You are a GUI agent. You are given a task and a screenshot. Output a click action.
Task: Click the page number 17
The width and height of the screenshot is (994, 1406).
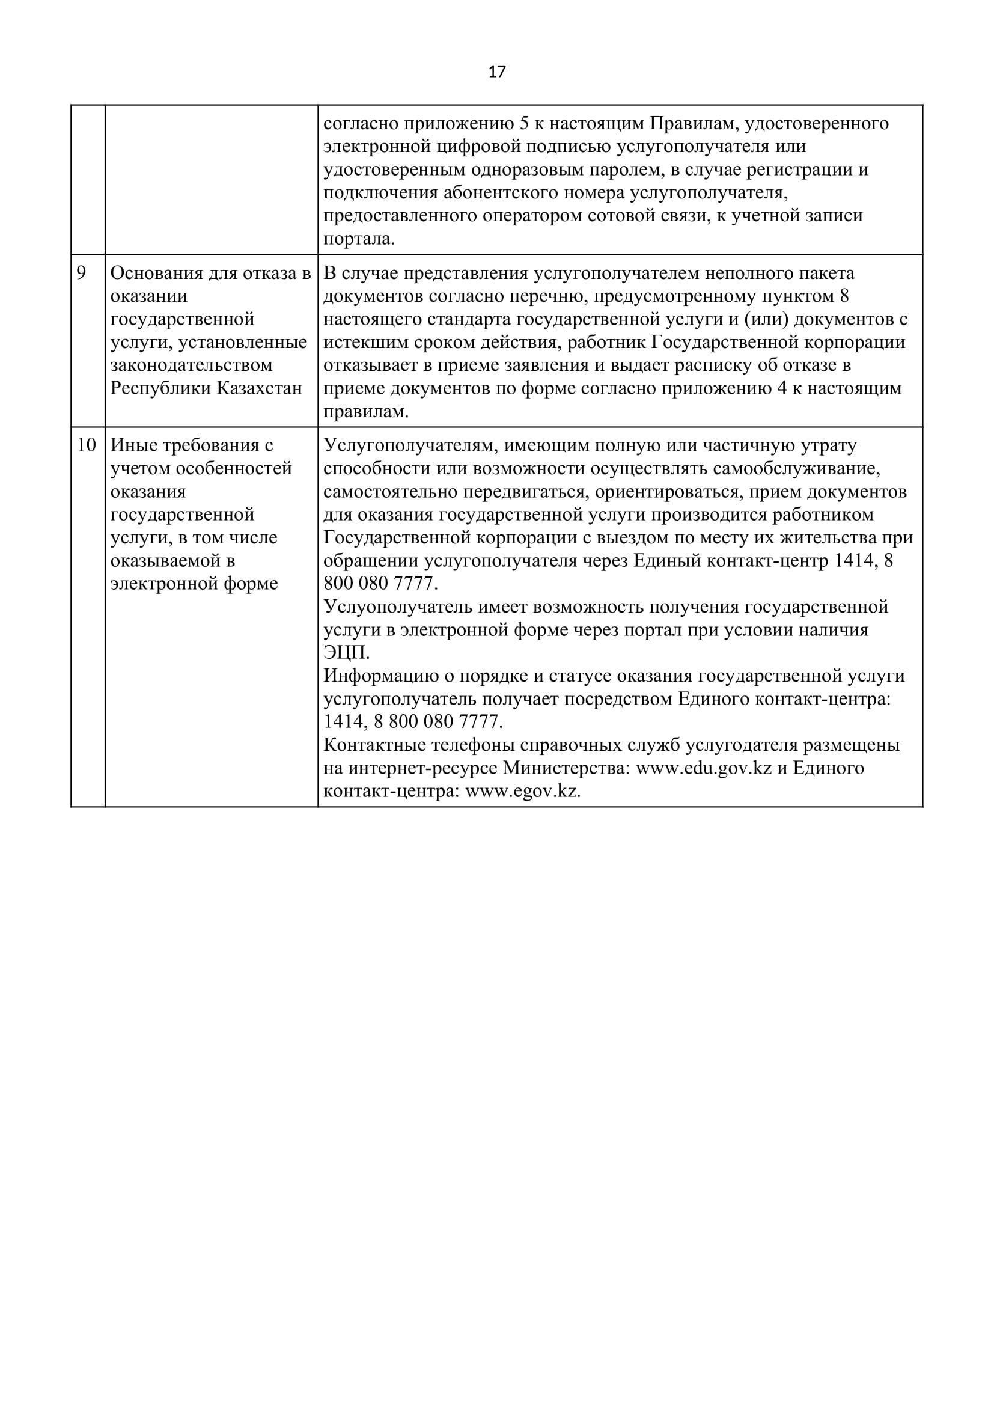click(x=497, y=72)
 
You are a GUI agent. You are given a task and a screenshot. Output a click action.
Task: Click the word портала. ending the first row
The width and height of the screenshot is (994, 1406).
click(x=359, y=239)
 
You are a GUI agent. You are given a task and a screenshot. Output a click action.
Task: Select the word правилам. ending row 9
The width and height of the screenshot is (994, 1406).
click(x=365, y=412)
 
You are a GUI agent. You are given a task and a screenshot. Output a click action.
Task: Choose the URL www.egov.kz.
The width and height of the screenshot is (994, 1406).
click(x=523, y=791)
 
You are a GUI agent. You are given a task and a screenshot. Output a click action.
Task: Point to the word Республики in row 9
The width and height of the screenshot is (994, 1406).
click(x=160, y=389)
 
